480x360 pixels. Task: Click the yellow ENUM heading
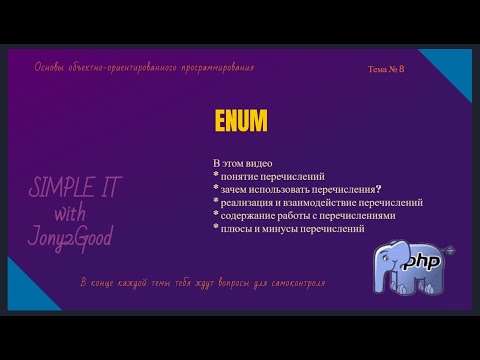pos(241,121)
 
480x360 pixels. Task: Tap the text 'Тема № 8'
pos(386,69)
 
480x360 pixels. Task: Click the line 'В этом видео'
pos(243,163)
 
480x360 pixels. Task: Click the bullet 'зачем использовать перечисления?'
pos(298,189)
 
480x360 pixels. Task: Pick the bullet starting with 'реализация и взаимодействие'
pos(317,202)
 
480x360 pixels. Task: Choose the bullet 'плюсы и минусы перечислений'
pos(288,228)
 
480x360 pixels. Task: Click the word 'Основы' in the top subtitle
pos(51,68)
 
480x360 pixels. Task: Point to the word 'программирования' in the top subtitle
pos(218,68)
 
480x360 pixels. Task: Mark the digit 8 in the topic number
pos(401,69)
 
